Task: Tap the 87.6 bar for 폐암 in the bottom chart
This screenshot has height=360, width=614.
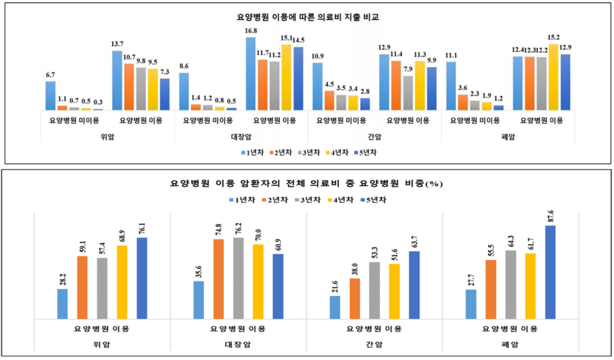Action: click(551, 272)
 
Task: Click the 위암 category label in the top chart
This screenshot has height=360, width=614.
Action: click(108, 137)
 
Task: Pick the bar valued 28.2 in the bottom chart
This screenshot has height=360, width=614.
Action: click(62, 304)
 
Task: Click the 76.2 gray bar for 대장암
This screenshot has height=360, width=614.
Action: click(239, 278)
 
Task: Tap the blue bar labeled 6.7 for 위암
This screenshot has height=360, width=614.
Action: click(51, 96)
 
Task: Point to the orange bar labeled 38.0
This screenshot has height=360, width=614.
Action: click(355, 299)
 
